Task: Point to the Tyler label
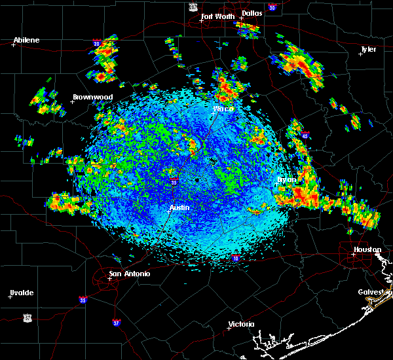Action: pyautogui.click(x=369, y=49)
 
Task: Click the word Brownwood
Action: pyautogui.click(x=92, y=97)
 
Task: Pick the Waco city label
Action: pyautogui.click(x=223, y=109)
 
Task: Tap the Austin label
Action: pyautogui.click(x=179, y=207)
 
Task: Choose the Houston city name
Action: pyautogui.click(x=367, y=249)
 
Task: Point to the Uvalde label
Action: pyautogui.click(x=22, y=293)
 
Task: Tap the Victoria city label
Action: pyautogui.click(x=241, y=324)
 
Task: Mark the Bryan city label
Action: pyautogui.click(x=287, y=179)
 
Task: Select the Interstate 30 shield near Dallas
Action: pyautogui.click(x=272, y=7)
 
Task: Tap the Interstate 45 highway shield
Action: pyautogui.click(x=305, y=135)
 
